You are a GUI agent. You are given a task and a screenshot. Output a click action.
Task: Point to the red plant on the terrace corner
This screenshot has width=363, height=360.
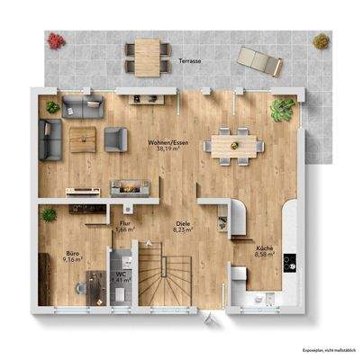[55, 41]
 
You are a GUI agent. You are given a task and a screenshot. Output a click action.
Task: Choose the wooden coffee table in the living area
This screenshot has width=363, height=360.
[83, 137]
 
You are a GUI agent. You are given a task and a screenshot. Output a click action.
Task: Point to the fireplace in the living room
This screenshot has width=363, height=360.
[128, 187]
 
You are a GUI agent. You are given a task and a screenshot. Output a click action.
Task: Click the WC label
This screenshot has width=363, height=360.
[121, 272]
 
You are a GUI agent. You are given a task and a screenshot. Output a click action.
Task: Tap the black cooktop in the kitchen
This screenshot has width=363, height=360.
[288, 262]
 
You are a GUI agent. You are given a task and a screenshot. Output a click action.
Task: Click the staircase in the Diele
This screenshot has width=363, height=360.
[173, 279]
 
